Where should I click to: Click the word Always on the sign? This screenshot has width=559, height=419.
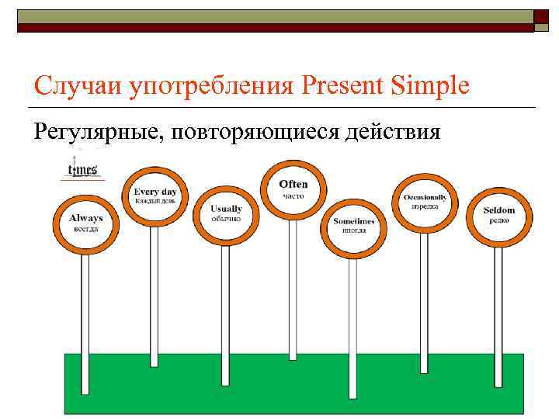point(85,218)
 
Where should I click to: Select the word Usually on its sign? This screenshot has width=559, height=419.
point(226,209)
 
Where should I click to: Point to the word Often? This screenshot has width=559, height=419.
point(293,184)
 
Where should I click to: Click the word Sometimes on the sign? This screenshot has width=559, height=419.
point(354,221)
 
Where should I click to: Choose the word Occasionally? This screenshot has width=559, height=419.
point(425,197)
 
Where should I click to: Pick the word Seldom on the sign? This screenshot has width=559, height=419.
point(498,210)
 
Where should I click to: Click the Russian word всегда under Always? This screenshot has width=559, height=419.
point(85,229)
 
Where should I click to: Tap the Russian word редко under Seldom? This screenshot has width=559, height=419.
point(498,221)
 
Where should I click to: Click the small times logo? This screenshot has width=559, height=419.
point(82,169)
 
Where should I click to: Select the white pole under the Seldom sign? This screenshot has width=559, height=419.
point(498,310)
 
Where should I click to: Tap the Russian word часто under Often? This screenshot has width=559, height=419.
point(293,196)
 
